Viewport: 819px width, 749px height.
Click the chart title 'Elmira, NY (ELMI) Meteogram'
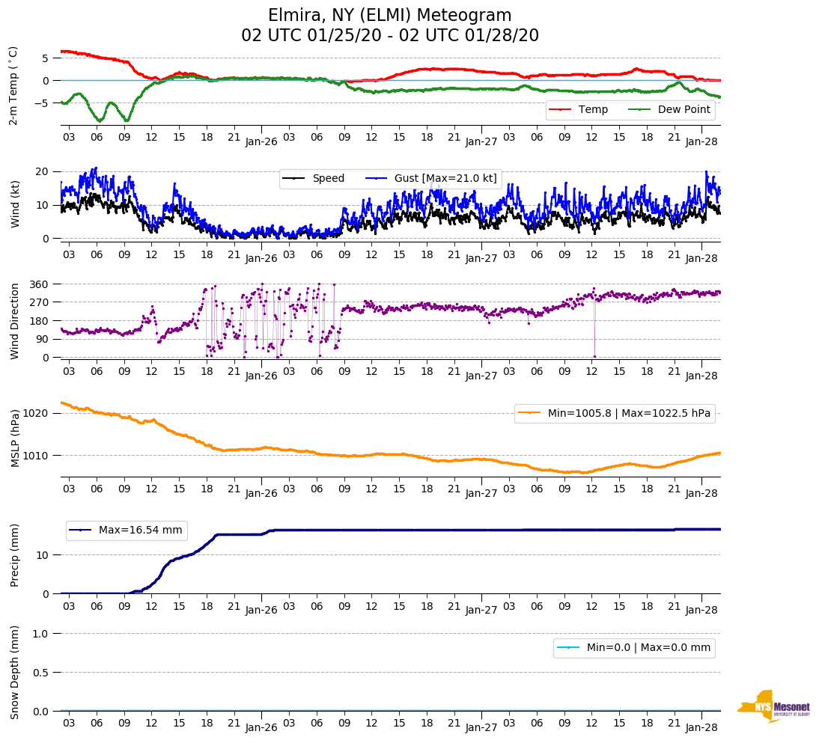389,16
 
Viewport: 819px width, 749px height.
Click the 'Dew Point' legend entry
683,110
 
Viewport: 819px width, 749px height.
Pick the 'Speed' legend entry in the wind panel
328,178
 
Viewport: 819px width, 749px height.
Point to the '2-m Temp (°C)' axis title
13,85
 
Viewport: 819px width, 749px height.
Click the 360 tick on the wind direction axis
39,284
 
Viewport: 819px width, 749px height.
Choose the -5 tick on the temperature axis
43,103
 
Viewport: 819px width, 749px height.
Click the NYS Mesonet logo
774,706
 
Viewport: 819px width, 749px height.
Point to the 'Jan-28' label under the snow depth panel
701,727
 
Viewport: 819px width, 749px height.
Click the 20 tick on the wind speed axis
42,171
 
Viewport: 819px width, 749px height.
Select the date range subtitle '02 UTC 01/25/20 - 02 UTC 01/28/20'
389,36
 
